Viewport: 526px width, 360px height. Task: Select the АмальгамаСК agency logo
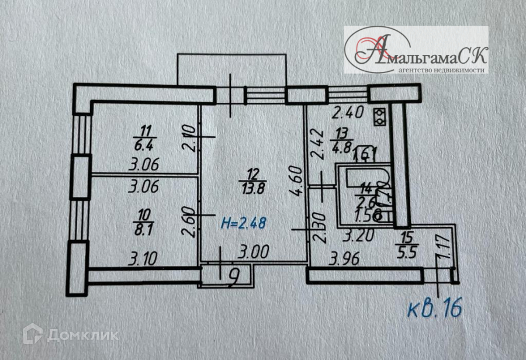[x=416, y=50]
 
